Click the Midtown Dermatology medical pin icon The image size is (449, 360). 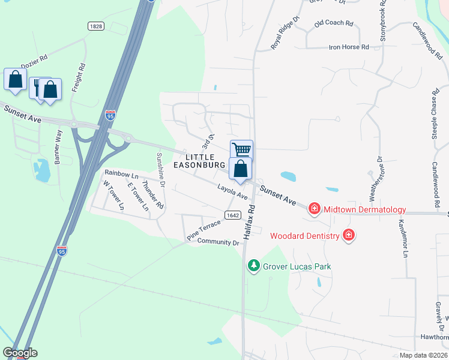coord(314,209)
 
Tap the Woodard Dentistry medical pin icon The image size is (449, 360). coord(348,235)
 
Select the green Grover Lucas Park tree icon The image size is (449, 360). coord(254,265)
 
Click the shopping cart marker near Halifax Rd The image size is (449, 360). coord(241,149)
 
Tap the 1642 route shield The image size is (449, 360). coord(233,215)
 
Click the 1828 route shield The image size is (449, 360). coord(95,26)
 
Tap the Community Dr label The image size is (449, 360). coord(218,242)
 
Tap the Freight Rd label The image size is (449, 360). coord(78,77)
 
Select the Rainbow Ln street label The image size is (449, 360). coord(121,173)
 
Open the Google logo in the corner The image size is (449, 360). coord(20,353)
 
